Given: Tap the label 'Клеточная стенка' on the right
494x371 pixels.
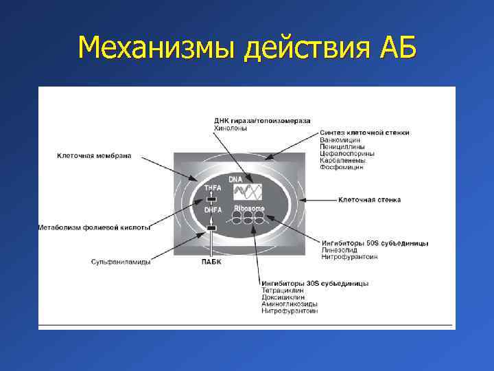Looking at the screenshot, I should coord(369,200).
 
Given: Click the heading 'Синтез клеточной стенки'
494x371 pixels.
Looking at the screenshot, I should coord(364,133).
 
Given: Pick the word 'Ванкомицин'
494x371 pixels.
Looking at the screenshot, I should coord(341,139).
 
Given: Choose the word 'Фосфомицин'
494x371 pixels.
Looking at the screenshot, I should coord(342,167).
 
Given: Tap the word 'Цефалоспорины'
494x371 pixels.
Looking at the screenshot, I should coord(347,153).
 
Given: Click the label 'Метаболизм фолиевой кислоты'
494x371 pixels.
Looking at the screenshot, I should coord(94,227).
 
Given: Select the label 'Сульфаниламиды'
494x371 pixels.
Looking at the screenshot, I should coord(121,261).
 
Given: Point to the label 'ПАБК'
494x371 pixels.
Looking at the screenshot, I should coord(211,261).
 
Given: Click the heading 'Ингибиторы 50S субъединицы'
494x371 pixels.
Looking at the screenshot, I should coord(375,243).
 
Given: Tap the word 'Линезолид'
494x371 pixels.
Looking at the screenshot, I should coord(339,249).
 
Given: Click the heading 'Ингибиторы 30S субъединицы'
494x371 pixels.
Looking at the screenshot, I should coord(314,283).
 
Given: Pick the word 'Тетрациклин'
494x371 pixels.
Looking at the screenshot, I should coord(282,290).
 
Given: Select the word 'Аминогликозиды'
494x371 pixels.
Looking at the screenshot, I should coord(289,304).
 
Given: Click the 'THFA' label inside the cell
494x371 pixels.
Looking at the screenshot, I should coord(211,188).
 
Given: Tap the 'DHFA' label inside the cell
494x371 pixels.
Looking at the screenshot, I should coord(211,210).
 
